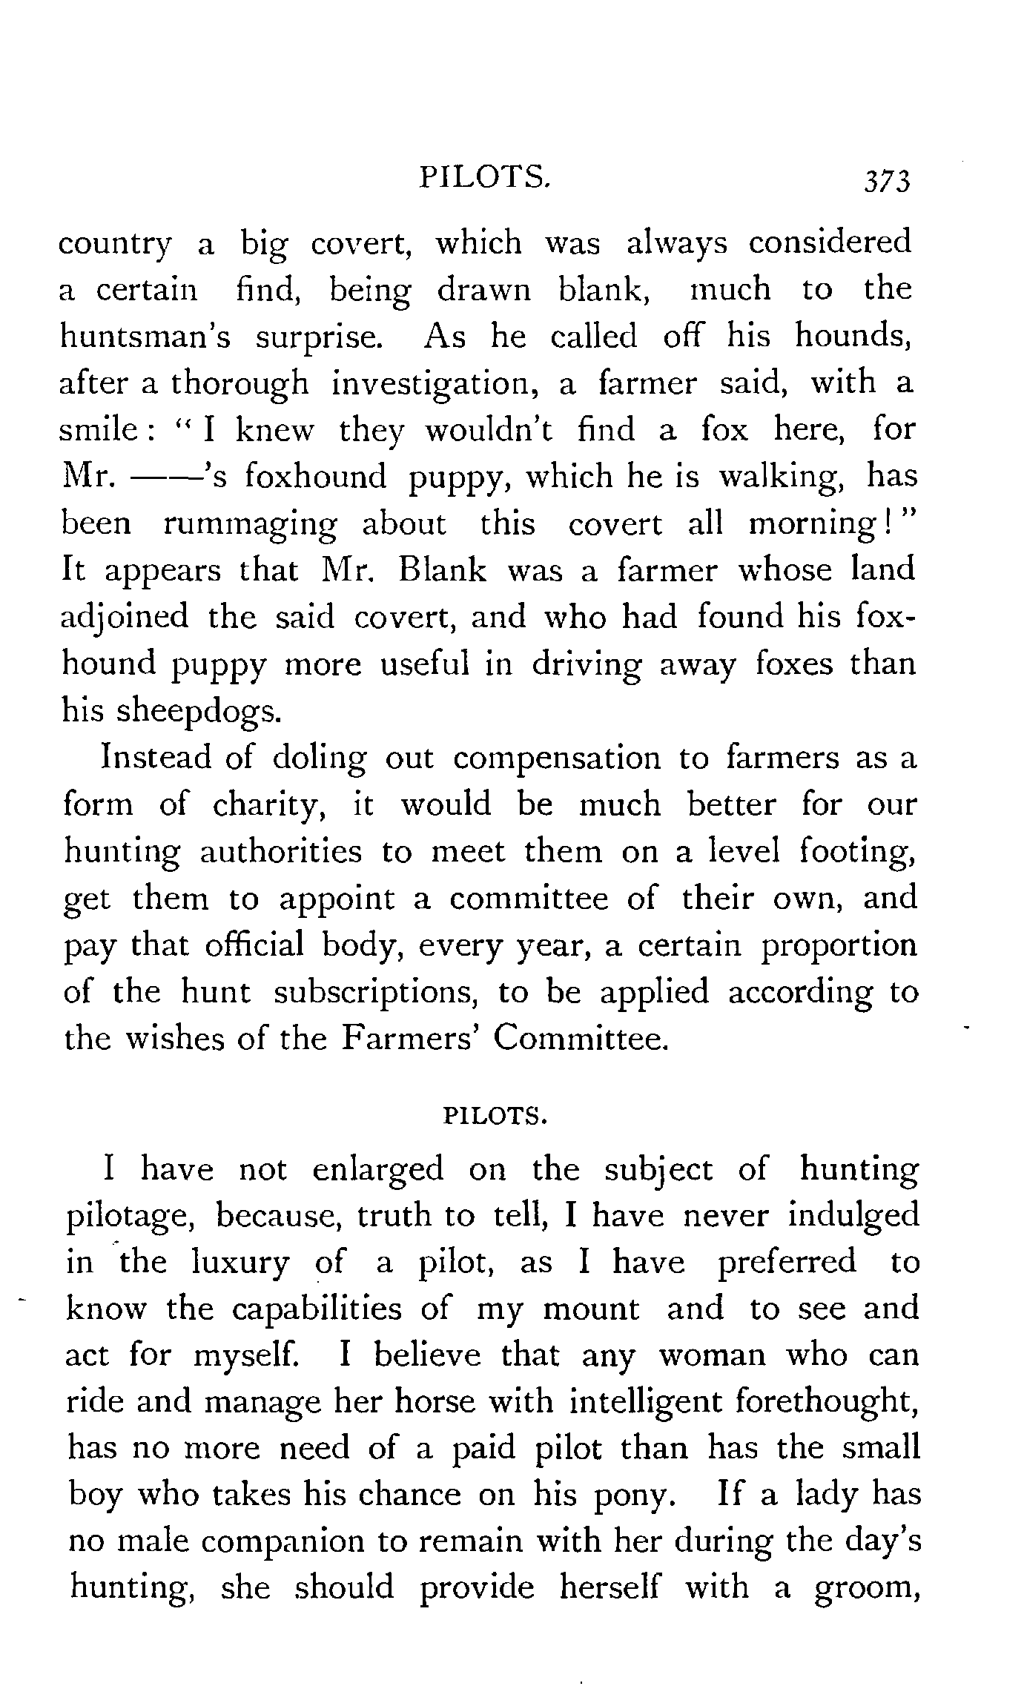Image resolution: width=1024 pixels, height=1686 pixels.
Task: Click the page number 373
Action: click(885, 182)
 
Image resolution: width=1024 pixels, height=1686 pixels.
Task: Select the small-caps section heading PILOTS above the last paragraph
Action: click(494, 1116)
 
